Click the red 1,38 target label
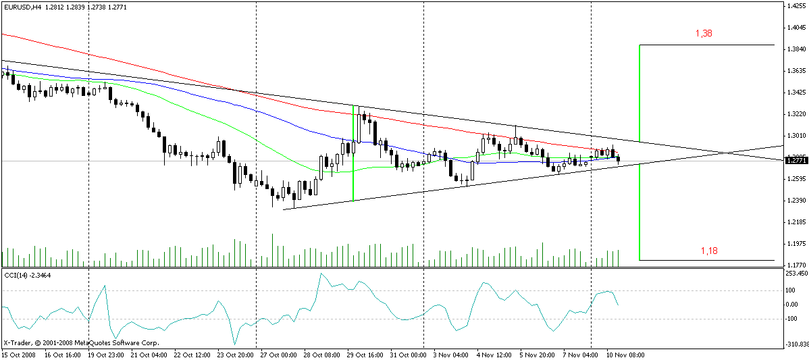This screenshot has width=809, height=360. click(x=704, y=33)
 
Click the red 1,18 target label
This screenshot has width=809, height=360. click(x=709, y=251)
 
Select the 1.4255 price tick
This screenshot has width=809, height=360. click(x=796, y=6)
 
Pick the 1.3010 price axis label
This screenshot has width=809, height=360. click(x=796, y=136)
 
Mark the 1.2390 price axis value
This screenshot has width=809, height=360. click(x=796, y=201)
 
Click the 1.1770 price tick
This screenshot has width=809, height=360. click(x=796, y=265)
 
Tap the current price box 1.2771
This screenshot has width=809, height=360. click(x=796, y=160)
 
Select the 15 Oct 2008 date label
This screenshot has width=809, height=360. click(x=19, y=354)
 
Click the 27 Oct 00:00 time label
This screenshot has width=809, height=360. click(x=274, y=354)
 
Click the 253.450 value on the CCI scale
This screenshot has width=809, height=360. click(x=798, y=274)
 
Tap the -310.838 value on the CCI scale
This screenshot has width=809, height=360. click(x=798, y=344)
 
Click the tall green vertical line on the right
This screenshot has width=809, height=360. click(x=639, y=152)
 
